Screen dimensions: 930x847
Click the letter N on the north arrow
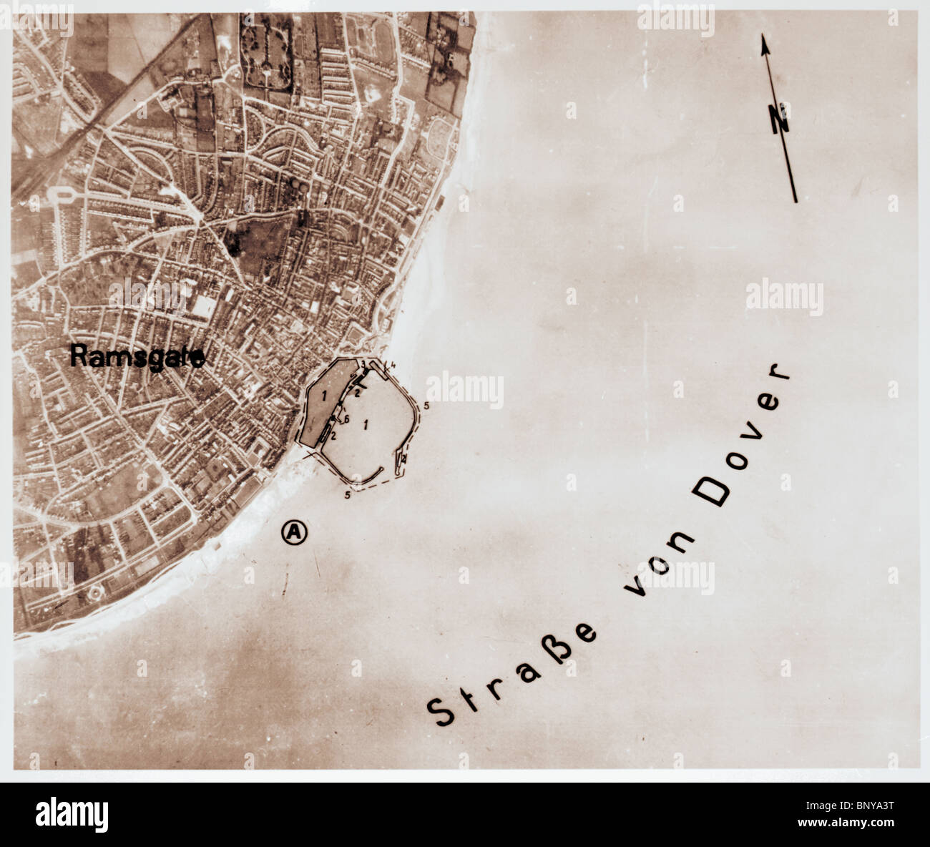coord(780,119)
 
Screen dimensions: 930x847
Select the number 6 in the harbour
coord(346,419)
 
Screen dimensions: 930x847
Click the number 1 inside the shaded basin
coord(324,394)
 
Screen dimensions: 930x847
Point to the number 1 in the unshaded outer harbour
coord(366,424)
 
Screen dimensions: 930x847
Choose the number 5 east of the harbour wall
coord(426,406)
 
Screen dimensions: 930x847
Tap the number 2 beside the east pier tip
coord(403,458)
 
